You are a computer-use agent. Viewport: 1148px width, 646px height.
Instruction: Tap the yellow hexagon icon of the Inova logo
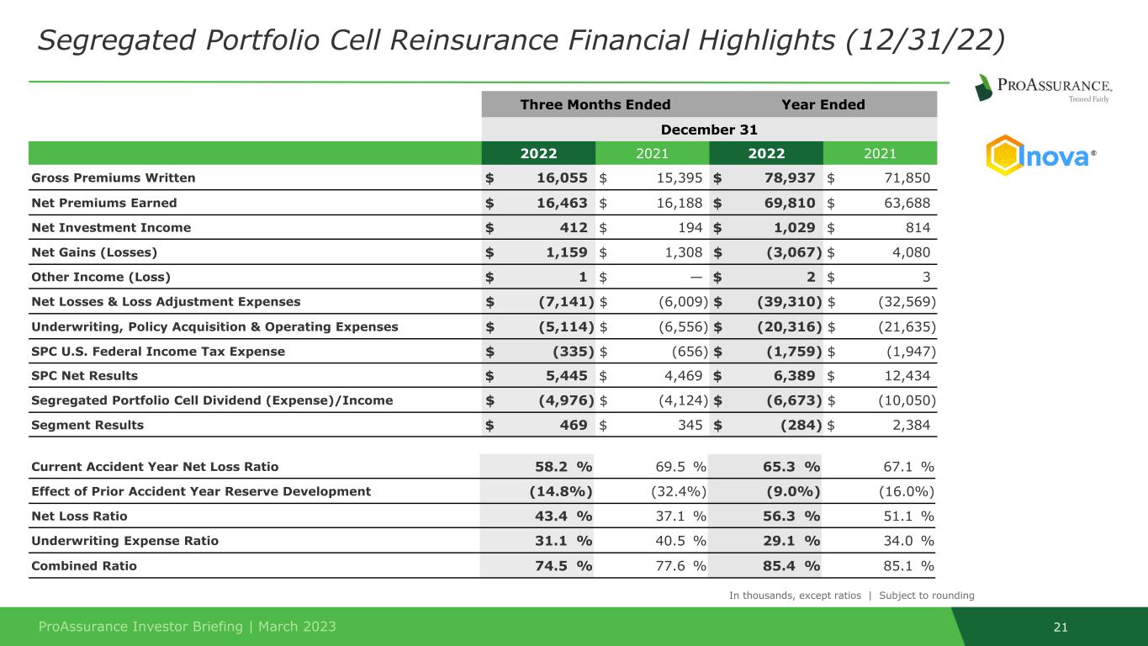1004,156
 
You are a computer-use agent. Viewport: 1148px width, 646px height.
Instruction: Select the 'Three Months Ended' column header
595,104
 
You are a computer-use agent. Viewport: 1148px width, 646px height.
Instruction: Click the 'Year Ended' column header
823,104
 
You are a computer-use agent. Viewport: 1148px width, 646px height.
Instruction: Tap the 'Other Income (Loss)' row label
92,277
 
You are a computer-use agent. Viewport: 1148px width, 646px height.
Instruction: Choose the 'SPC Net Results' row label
84,375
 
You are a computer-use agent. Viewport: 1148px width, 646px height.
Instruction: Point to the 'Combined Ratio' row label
83,565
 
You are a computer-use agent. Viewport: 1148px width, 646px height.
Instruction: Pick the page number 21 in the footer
1061,627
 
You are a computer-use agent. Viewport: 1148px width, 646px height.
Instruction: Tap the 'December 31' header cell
709,130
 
